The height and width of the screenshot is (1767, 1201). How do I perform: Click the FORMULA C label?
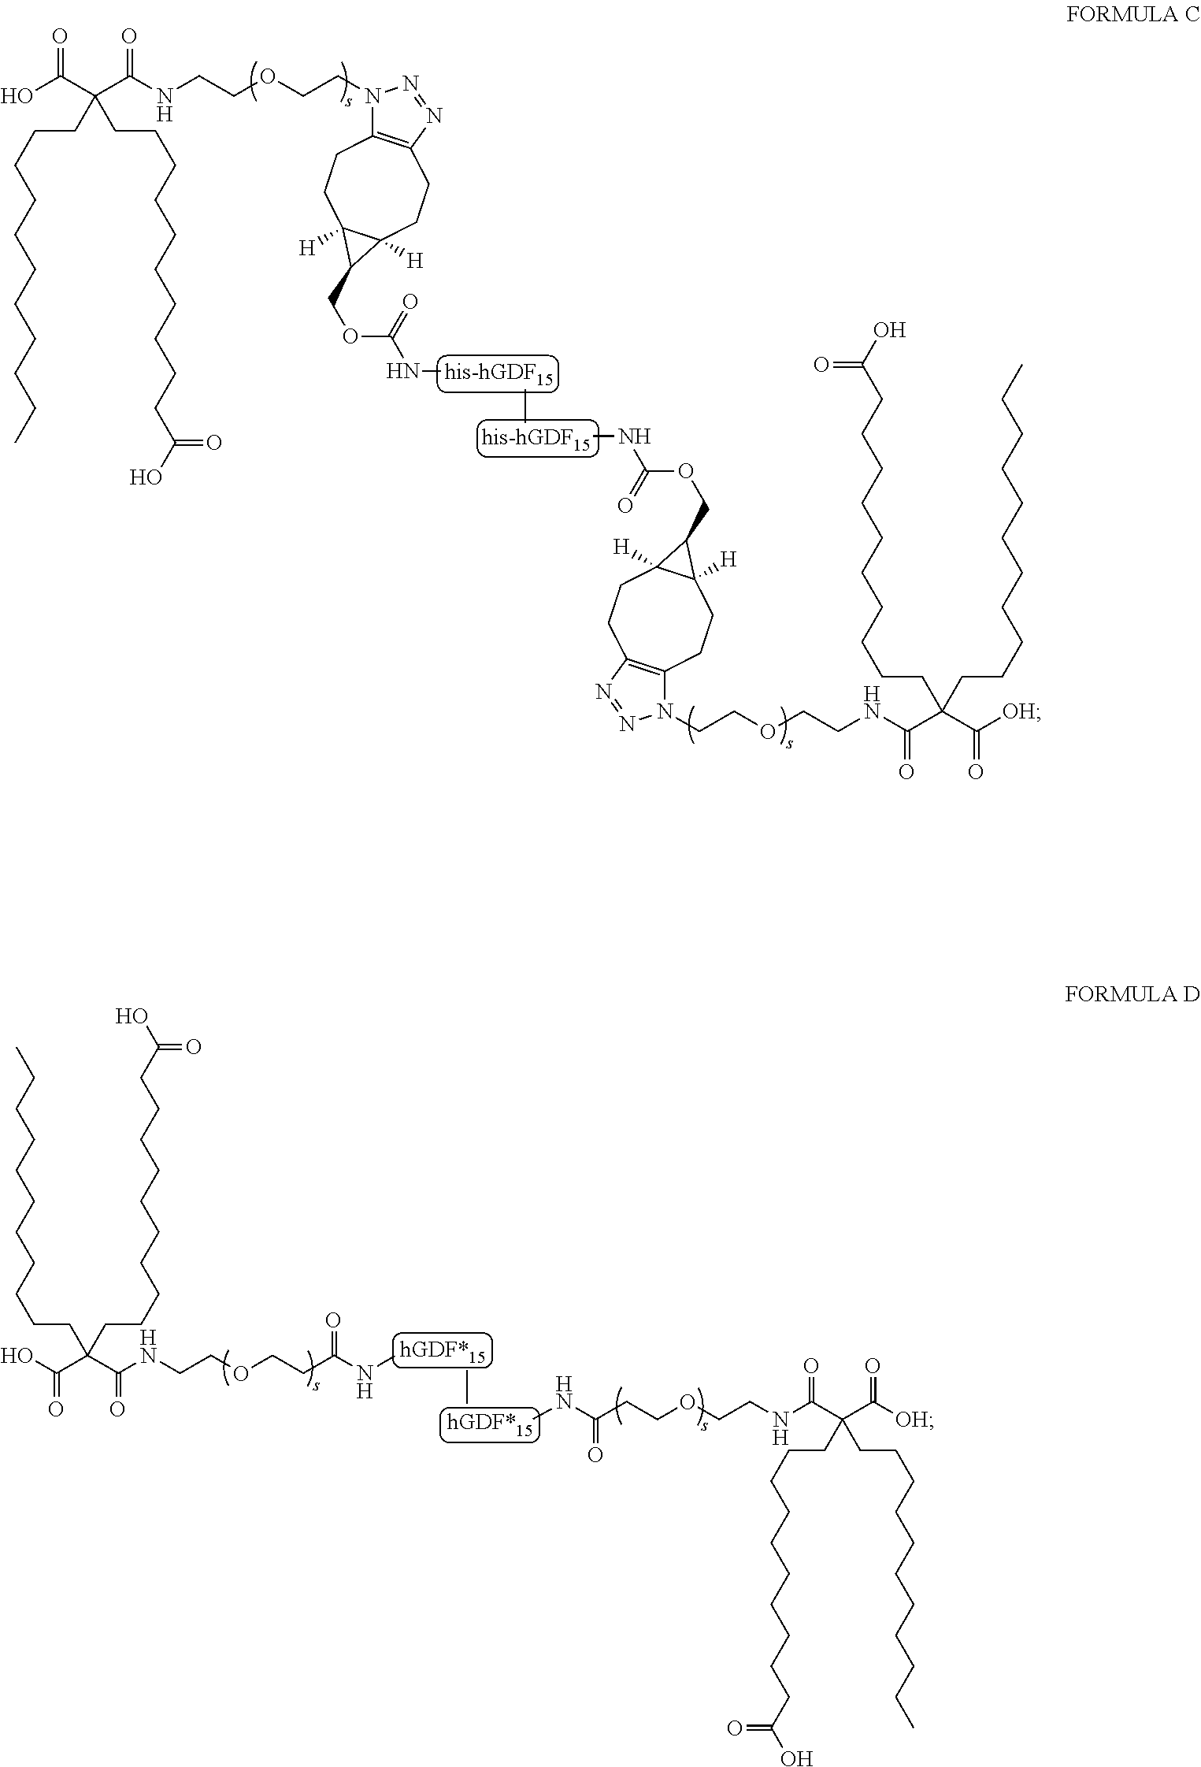[x=1132, y=16]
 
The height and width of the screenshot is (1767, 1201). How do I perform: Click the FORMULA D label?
[x=1132, y=994]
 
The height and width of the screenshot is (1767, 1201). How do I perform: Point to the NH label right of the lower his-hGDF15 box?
[x=635, y=436]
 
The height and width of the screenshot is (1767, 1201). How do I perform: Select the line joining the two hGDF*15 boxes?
[x=468, y=1387]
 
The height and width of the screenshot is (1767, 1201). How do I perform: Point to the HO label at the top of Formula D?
[x=132, y=1016]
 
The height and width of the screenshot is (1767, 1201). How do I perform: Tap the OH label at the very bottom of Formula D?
[x=795, y=1753]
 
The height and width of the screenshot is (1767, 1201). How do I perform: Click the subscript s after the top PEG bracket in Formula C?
[x=349, y=103]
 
